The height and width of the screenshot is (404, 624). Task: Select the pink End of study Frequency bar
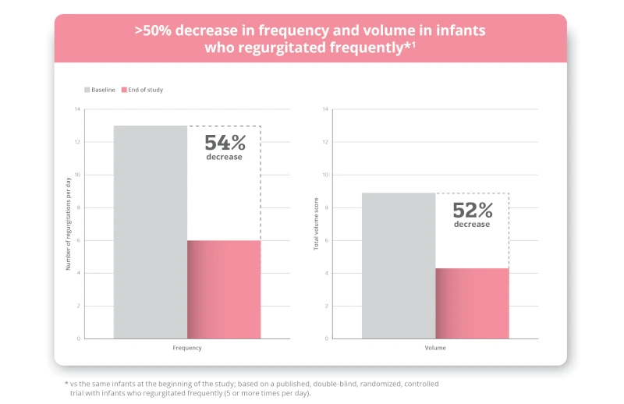pyautogui.click(x=224, y=289)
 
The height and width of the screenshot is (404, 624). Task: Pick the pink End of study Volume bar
pyautogui.click(x=472, y=303)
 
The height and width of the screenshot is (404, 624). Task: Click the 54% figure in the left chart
pyautogui.click(x=225, y=143)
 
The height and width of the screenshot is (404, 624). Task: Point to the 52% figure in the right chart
pyautogui.click(x=473, y=210)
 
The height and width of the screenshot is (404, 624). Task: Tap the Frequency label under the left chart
pyautogui.click(x=187, y=348)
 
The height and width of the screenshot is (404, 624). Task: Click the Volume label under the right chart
pyautogui.click(x=435, y=348)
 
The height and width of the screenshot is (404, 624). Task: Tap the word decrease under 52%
pyautogui.click(x=473, y=224)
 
